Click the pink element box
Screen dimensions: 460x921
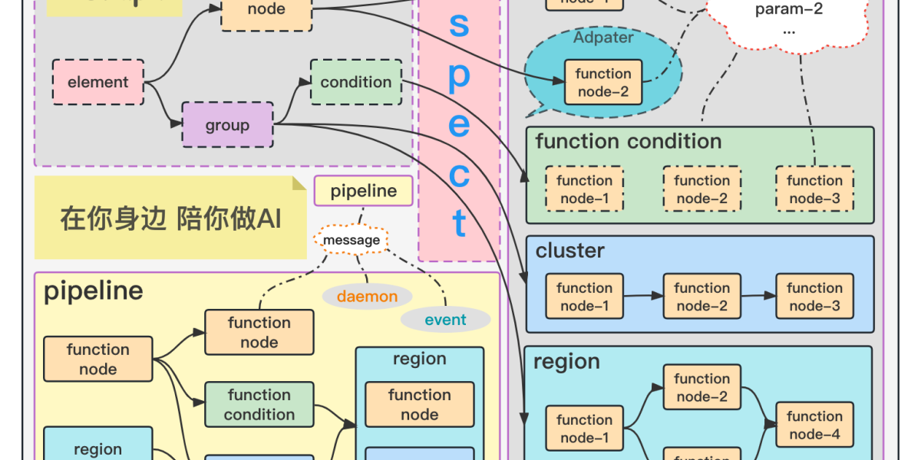(x=97, y=82)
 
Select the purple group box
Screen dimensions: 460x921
(x=227, y=125)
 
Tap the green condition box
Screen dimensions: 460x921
(x=355, y=82)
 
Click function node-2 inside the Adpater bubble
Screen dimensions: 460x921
(x=603, y=83)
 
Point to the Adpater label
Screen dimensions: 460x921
(x=603, y=38)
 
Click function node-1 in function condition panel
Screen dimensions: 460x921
(x=584, y=189)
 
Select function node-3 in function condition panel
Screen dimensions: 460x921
(x=814, y=189)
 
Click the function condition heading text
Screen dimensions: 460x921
(x=628, y=142)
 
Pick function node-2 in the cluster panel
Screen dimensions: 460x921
(x=701, y=297)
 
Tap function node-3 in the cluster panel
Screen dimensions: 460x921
(x=814, y=297)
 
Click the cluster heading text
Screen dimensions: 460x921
(x=569, y=251)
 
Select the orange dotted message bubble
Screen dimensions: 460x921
(x=352, y=240)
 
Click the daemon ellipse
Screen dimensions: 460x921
(x=367, y=297)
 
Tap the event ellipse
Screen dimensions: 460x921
(x=445, y=320)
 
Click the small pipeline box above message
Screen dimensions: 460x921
(x=363, y=191)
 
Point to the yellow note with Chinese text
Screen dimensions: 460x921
(x=170, y=219)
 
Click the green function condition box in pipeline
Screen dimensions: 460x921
(x=259, y=405)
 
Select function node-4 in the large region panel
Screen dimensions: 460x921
(x=814, y=426)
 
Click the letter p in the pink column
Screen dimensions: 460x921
(x=459, y=77)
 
